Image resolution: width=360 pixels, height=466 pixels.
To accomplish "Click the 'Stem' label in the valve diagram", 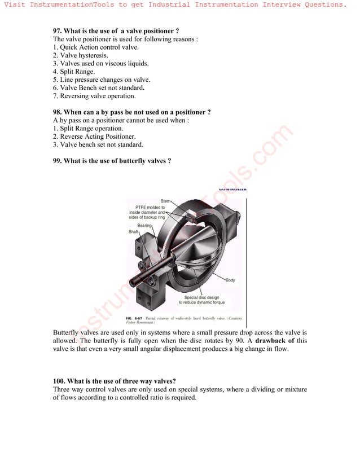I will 165,201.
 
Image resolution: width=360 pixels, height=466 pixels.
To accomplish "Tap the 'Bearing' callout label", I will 144,226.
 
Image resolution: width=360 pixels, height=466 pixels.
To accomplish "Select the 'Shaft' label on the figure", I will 134,232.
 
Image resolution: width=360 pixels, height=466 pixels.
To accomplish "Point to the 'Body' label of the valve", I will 230,280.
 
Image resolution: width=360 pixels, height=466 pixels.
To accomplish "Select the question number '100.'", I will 61,381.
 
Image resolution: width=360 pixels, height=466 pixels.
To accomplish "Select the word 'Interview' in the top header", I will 288,5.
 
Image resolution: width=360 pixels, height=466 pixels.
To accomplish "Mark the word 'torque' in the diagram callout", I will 217,302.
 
